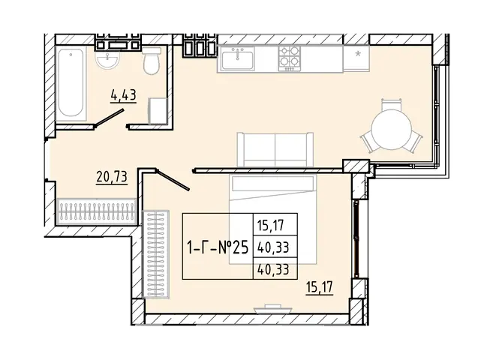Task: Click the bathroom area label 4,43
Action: pyautogui.click(x=124, y=95)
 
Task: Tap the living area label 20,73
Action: pyautogui.click(x=112, y=177)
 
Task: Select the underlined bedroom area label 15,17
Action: pyautogui.click(x=320, y=287)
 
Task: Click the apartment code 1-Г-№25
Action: pyautogui.click(x=218, y=247)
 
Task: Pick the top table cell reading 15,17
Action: pyautogui.click(x=271, y=226)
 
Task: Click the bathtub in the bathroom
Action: pyautogui.click(x=71, y=83)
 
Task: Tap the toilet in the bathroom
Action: pyautogui.click(x=152, y=60)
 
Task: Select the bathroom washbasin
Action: pyautogui.click(x=107, y=60)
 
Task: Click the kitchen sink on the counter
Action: pyautogui.click(x=238, y=58)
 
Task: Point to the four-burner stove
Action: pyautogui.click(x=289, y=58)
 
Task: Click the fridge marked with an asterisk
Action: pyautogui.click(x=356, y=58)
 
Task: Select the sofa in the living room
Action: pyautogui.click(x=275, y=149)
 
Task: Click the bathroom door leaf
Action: pyautogui.click(x=110, y=118)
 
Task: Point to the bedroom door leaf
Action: pyautogui.click(x=173, y=180)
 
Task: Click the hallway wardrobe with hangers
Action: pyautogui.click(x=97, y=211)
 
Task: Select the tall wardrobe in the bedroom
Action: pyautogui.click(x=156, y=254)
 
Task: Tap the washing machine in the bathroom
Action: pyautogui.click(x=158, y=110)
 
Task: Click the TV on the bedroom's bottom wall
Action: pyautogui.click(x=273, y=309)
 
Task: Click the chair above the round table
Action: pyautogui.click(x=392, y=105)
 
